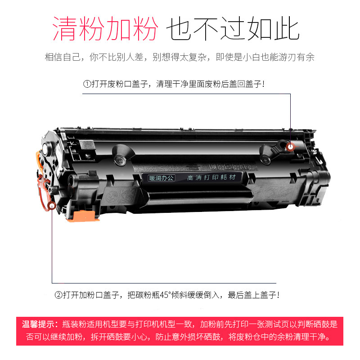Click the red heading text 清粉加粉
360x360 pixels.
coord(105,28)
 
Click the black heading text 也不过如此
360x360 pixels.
coord(233,28)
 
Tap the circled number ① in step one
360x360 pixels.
coord(87,84)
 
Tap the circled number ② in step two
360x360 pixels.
coord(58,295)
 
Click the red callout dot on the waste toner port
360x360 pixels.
coord(290,147)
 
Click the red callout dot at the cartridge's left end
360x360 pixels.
coord(52,206)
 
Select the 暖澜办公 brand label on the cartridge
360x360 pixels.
coord(161,178)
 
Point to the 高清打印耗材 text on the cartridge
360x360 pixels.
coord(211,177)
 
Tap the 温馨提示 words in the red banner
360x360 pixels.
coord(38,324)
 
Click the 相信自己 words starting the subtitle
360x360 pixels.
coord(63,57)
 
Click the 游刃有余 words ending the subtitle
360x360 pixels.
coord(297,57)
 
